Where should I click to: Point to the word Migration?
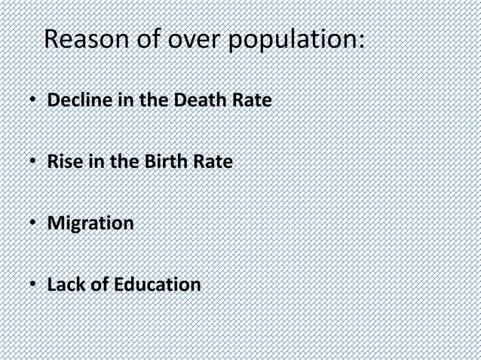pos(90,224)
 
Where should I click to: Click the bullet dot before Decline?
pos(34,99)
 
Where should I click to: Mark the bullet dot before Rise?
pos(34,162)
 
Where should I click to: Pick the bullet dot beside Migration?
pos(34,224)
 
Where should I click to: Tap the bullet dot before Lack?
pos(34,286)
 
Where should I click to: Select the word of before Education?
pos(99,285)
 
